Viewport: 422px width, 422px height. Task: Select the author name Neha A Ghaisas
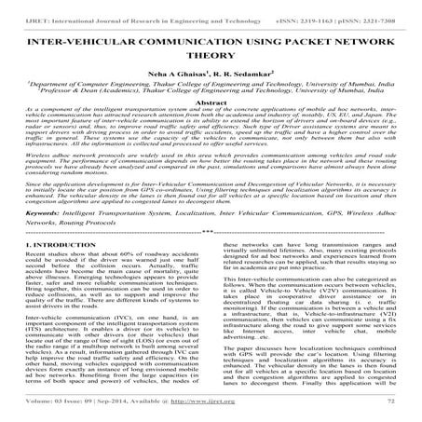(177, 83)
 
